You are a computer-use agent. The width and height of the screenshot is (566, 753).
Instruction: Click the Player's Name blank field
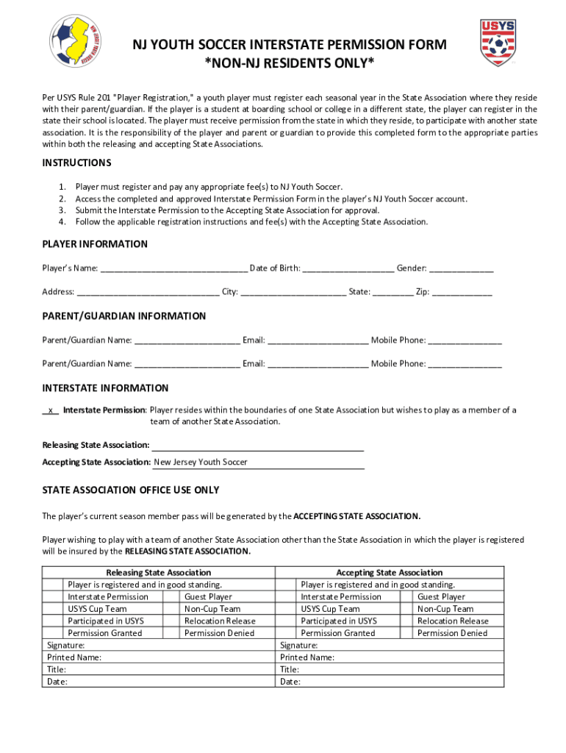(x=173, y=268)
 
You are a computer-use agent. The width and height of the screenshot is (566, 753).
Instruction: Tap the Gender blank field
(x=461, y=268)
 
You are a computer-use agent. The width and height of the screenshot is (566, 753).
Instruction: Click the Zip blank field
(x=462, y=292)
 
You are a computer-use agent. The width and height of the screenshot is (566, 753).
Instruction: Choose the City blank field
(x=293, y=292)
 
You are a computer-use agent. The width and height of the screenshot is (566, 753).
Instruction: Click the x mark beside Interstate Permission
(x=50, y=410)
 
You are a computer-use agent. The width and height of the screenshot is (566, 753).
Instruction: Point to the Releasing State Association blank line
(x=257, y=446)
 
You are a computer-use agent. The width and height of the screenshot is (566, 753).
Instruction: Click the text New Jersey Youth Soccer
(x=201, y=463)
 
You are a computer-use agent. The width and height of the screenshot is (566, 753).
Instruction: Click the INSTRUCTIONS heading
(x=76, y=163)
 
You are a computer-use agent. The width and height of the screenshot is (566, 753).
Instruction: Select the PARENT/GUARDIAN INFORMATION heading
(x=123, y=316)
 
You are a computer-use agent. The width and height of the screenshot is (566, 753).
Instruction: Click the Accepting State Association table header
(x=389, y=572)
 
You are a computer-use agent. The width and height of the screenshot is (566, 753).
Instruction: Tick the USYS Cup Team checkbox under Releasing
(x=54, y=609)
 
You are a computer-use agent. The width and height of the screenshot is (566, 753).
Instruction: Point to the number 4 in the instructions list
(x=63, y=221)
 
